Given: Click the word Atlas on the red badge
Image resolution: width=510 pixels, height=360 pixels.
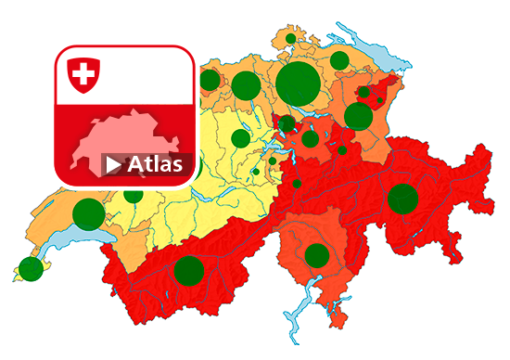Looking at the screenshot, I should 155,165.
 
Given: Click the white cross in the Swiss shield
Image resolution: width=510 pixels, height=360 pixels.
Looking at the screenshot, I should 83,72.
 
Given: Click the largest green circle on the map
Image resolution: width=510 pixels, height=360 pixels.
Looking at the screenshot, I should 297,83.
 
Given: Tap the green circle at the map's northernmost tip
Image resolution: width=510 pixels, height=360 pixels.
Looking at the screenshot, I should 290,39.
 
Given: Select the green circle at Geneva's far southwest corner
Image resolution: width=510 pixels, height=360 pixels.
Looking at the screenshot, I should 32,268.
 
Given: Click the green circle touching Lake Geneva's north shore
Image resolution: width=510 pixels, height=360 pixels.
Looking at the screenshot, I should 88,214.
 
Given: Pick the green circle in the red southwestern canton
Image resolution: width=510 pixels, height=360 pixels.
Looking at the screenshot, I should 188,270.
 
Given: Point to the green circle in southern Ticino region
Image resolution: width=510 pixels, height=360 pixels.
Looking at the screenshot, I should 317,255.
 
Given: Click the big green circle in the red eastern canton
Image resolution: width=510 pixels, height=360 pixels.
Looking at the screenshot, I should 402,199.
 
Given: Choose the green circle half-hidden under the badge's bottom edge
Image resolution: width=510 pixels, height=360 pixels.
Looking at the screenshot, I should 134,193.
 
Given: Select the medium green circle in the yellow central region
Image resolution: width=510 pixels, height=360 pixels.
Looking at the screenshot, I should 240,138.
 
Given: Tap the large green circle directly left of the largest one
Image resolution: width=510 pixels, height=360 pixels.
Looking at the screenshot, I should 245,85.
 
